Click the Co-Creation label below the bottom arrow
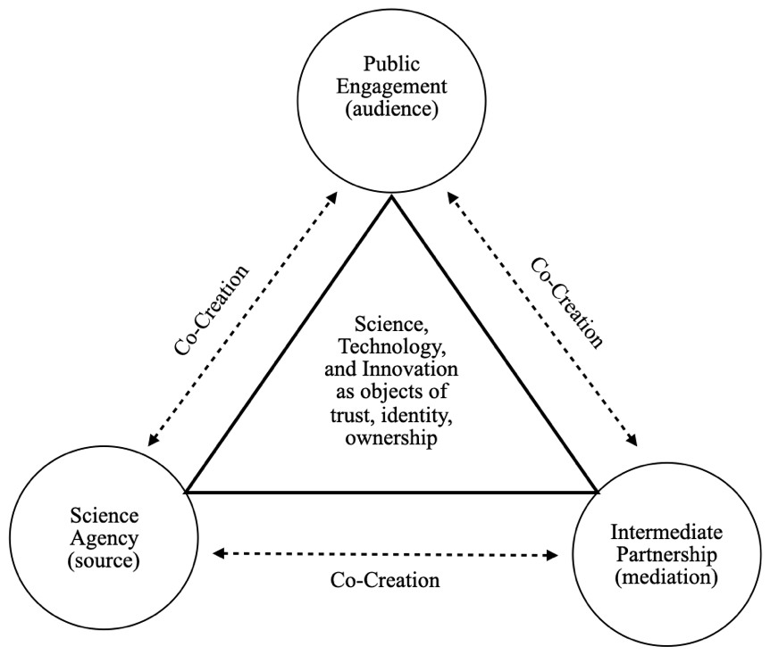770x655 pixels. [385, 580]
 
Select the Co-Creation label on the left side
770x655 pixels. [212, 309]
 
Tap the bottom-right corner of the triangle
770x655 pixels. [597, 492]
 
